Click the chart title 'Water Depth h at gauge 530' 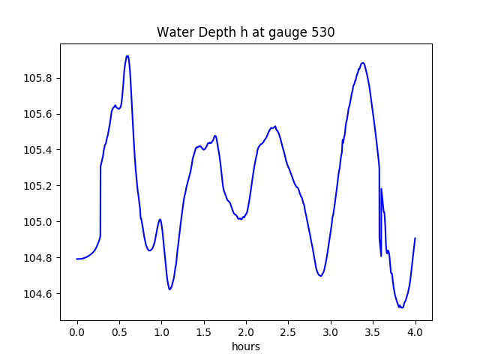245,32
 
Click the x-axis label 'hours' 246,346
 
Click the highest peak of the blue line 127,55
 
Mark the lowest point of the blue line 401,307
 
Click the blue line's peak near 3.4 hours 363,63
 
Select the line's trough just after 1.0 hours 170,289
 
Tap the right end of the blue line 415,238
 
